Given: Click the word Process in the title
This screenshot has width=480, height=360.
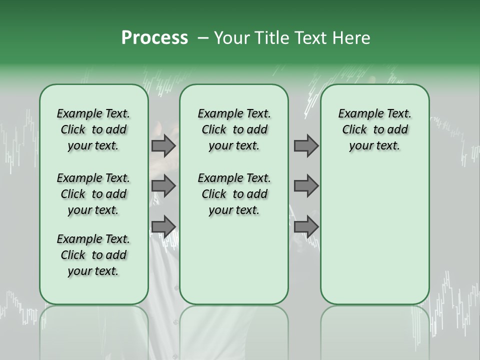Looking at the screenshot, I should click(154, 37).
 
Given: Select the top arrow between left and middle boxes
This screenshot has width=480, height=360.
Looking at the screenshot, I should click(163, 145).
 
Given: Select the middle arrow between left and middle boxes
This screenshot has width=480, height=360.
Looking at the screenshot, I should click(163, 186).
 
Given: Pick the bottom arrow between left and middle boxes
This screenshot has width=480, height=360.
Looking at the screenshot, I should click(163, 226).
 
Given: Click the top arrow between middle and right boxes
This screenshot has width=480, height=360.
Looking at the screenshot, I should click(306, 145).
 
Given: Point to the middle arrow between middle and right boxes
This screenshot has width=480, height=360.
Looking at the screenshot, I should click(306, 186).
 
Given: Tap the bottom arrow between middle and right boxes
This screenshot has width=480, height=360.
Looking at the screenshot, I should click(306, 226).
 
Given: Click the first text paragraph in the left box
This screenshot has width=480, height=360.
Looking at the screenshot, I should click(93, 129).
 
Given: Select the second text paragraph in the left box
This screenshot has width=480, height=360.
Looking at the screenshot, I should click(93, 194).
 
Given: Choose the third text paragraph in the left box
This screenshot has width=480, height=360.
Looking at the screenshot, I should click(93, 255).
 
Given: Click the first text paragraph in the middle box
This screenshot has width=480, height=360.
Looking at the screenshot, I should click(234, 129).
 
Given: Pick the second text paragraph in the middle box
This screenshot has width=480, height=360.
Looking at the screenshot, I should click(234, 194).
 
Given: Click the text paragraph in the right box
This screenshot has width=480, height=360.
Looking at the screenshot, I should click(375, 129).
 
